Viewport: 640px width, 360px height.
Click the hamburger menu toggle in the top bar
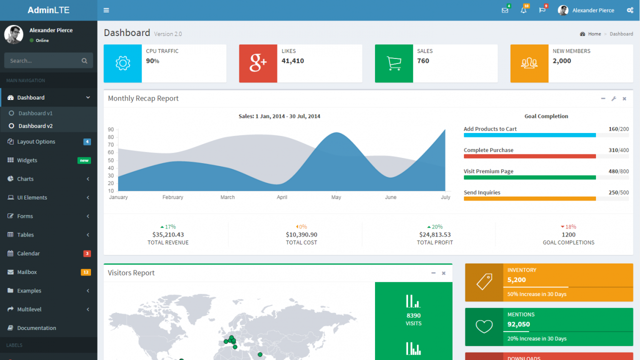(106, 10)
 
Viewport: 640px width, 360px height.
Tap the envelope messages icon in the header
(504, 10)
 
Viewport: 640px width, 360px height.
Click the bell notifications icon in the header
(523, 10)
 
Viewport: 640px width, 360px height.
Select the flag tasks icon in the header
(542, 10)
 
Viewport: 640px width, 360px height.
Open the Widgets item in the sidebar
(27, 160)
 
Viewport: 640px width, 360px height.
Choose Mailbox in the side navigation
(27, 272)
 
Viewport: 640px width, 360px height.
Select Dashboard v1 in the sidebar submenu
(35, 113)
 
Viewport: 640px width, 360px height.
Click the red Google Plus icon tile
(258, 63)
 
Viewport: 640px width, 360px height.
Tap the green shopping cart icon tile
(394, 63)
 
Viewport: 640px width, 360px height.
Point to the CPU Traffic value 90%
(152, 61)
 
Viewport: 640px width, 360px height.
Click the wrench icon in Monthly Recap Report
(613, 98)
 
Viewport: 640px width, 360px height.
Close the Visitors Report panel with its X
(443, 273)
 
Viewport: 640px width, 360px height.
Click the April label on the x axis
(282, 197)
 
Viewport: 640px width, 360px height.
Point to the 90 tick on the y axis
(110, 129)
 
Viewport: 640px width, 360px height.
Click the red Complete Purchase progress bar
(529, 156)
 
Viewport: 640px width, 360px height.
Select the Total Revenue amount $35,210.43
(168, 234)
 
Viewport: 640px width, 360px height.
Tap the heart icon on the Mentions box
(484, 327)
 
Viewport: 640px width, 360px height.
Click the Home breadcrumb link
(594, 34)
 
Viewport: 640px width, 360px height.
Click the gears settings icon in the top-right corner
(629, 10)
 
